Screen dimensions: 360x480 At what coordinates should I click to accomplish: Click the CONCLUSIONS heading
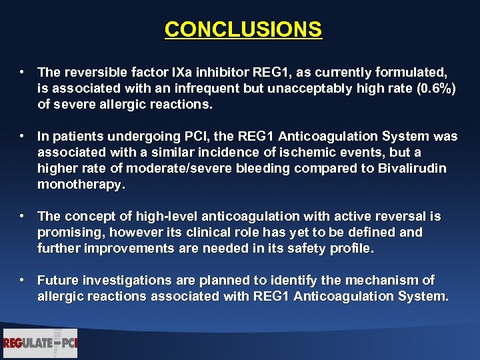(243, 30)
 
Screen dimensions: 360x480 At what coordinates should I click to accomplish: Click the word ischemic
(291, 153)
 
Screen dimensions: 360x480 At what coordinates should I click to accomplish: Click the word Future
(58, 281)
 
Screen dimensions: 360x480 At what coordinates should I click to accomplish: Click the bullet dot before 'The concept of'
(23, 217)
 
